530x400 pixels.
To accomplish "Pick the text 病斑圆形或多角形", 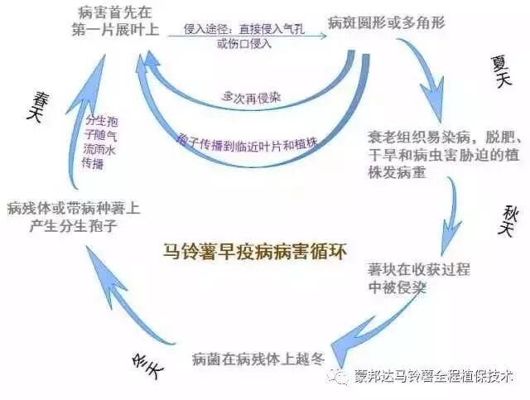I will tap(386, 22).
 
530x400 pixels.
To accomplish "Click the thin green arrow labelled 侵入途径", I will tap(240, 36).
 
